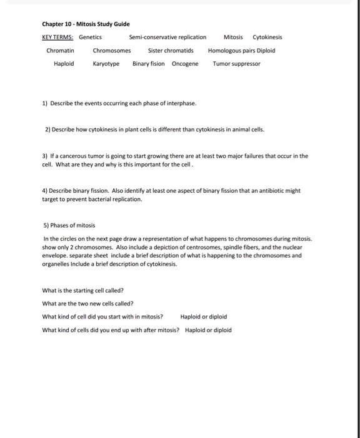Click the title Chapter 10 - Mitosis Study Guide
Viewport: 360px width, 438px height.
pyautogui.click(x=86, y=24)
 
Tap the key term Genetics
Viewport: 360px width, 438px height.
pyautogui.click(x=90, y=37)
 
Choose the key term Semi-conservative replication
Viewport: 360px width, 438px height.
pyautogui.click(x=167, y=37)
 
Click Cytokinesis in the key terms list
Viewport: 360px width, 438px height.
pyautogui.click(x=267, y=37)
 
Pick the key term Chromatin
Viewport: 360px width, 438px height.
pyautogui.click(x=61, y=50)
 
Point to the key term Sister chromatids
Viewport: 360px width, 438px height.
pyautogui.click(x=171, y=50)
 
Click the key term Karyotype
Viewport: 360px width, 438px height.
pyautogui.click(x=106, y=63)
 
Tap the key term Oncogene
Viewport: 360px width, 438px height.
pyautogui.click(x=185, y=63)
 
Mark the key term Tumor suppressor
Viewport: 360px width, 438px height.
pyautogui.click(x=237, y=63)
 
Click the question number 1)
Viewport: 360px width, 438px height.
pyautogui.click(x=45, y=103)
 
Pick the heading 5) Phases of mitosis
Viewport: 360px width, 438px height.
pyautogui.click(x=69, y=225)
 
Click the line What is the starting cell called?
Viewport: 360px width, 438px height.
pyautogui.click(x=82, y=290)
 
